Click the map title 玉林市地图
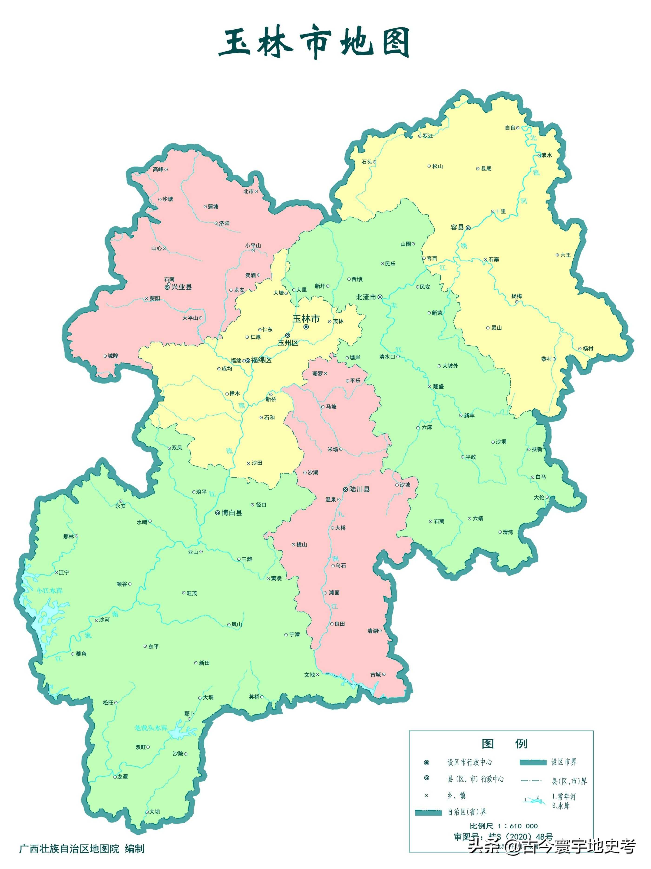pyautogui.click(x=314, y=42)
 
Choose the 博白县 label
pyautogui.click(x=231, y=513)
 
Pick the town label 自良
pyautogui.click(x=510, y=128)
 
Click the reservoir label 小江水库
pyautogui.click(x=50, y=591)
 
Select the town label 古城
pyautogui.click(x=375, y=675)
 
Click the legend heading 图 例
pyautogui.click(x=504, y=744)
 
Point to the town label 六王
pyautogui.click(x=565, y=255)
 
